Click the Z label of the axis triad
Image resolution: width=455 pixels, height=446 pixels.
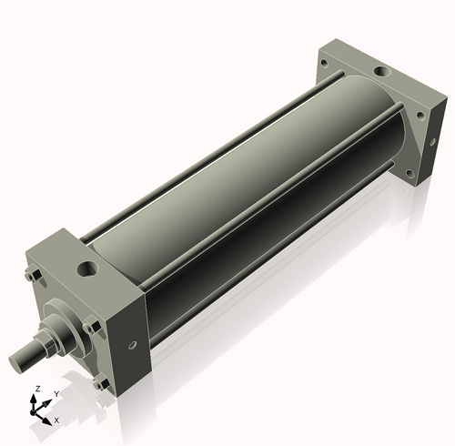click(35, 389)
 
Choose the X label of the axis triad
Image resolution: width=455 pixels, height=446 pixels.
click(56, 420)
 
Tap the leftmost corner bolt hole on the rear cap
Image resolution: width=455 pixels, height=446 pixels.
click(326, 63)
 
